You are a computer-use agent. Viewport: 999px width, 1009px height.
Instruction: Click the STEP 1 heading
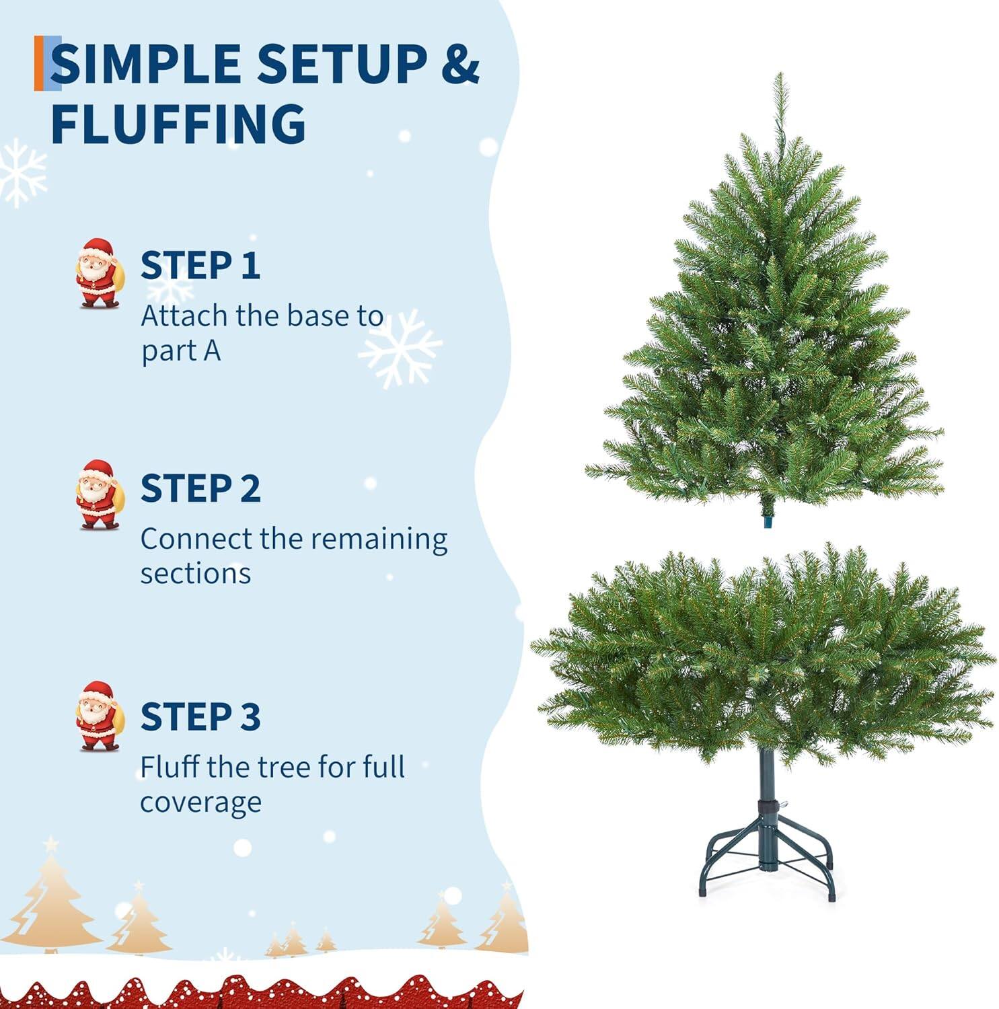200,265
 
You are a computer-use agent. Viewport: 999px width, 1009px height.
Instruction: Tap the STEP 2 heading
200,488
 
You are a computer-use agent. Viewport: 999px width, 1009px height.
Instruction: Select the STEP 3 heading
200,716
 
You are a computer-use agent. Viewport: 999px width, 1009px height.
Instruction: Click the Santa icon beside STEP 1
99,273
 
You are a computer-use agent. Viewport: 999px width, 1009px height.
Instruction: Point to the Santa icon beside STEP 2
99,495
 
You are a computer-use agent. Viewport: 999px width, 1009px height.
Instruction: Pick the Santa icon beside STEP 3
99,716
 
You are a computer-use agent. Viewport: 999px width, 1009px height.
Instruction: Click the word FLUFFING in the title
178,124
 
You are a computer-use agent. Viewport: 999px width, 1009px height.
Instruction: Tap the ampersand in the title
460,64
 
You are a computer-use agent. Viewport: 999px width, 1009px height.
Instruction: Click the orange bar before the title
39,64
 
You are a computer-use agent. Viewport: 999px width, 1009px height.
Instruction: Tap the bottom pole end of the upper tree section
768,521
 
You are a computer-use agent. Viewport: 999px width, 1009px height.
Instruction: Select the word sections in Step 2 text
195,574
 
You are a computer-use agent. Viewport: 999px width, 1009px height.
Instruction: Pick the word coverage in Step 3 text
200,802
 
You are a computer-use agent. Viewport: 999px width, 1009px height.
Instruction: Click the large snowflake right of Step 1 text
400,348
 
